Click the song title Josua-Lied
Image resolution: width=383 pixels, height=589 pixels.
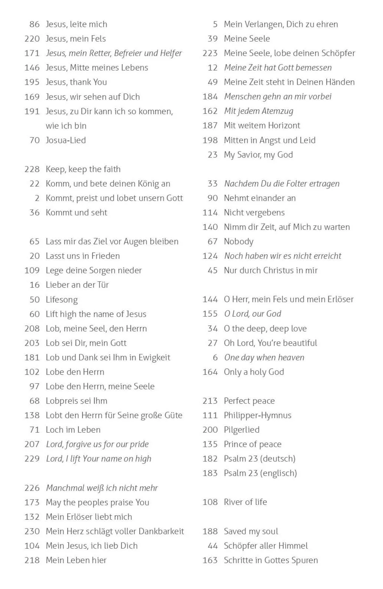(66, 140)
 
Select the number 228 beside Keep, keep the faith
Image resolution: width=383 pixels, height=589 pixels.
(32, 169)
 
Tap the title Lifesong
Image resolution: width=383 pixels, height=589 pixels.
(62, 300)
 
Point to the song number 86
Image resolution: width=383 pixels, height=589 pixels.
(34, 24)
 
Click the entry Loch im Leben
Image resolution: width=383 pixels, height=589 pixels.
(73, 430)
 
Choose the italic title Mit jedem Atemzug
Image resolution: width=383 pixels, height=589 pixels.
(259, 111)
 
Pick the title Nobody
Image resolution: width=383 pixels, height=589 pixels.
(239, 242)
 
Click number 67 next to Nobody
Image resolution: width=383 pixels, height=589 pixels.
(212, 242)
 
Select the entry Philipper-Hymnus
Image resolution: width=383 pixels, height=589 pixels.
(258, 415)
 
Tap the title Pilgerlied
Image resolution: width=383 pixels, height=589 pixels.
(242, 430)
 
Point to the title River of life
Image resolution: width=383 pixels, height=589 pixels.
(245, 502)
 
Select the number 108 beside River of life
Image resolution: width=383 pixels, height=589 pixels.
(210, 502)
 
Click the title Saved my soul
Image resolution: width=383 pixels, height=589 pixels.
(251, 531)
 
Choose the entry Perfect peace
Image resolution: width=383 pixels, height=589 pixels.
(249, 401)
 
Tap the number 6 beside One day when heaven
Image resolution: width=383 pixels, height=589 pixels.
(215, 357)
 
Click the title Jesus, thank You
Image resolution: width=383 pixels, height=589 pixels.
(76, 82)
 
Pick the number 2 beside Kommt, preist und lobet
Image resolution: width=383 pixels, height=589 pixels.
(37, 198)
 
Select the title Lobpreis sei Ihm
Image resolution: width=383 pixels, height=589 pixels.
(76, 401)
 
